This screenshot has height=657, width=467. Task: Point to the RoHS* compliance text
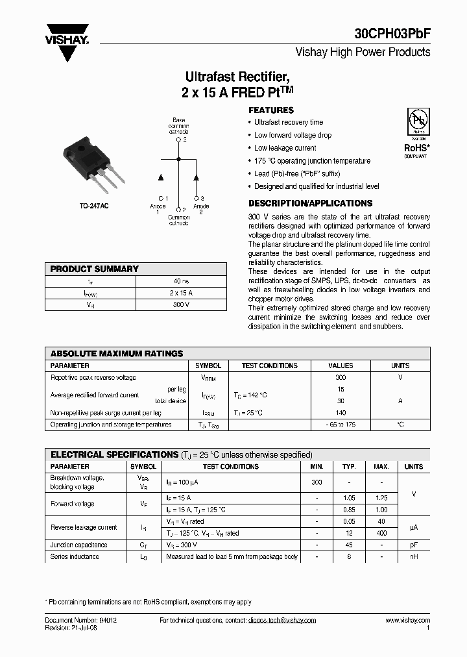coord(416,148)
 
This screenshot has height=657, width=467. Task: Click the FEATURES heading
coord(271,110)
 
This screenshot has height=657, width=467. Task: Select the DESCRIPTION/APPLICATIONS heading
coord(310,203)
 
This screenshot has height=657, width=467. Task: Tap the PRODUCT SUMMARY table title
coord(95,269)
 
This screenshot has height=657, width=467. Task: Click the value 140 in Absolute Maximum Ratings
coord(341,413)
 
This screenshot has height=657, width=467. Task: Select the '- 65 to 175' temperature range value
coord(341,425)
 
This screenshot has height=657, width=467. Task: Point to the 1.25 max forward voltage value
coord(381,497)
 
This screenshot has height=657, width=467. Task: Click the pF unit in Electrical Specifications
coord(413,545)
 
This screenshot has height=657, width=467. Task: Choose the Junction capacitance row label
coord(79,545)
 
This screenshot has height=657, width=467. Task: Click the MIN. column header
coord(317,466)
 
